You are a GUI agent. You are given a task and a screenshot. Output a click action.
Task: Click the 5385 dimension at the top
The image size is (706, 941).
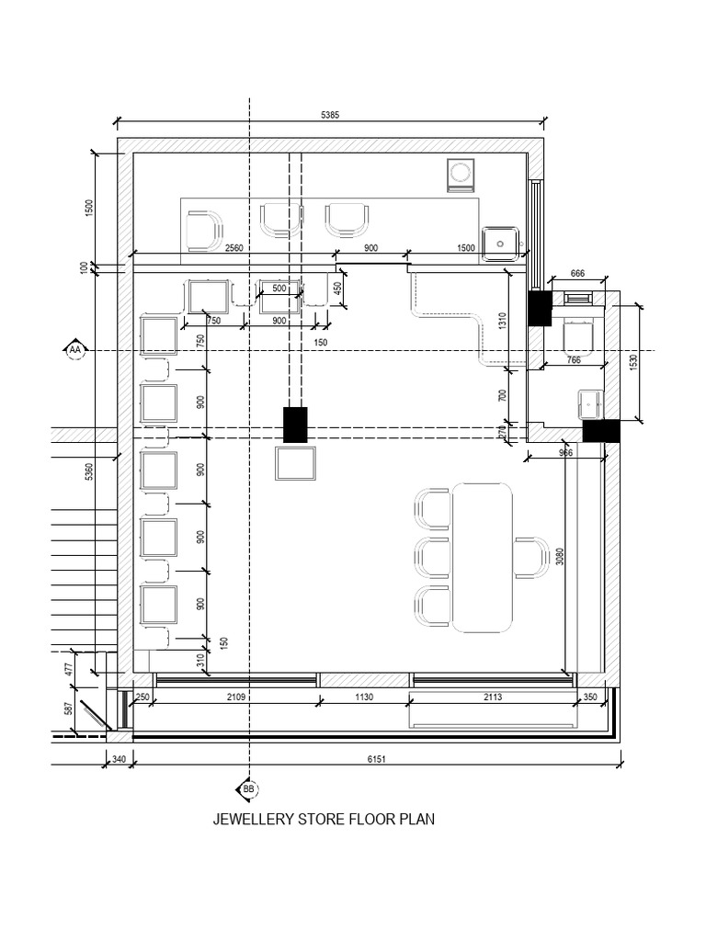329,115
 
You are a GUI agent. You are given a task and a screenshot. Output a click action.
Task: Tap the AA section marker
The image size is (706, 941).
75,350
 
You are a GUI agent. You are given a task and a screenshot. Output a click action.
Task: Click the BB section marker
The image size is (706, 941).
249,789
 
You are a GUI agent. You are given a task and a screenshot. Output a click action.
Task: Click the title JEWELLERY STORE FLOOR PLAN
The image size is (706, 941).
324,819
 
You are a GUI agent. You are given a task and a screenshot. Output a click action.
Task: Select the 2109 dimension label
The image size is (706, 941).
236,697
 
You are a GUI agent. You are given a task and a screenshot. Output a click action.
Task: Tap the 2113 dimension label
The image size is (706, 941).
493,697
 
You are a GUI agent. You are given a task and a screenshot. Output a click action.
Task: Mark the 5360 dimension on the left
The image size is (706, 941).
89,470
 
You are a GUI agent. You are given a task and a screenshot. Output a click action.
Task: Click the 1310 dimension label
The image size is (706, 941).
503,322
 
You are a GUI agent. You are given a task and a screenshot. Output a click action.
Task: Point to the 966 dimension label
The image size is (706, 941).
566,452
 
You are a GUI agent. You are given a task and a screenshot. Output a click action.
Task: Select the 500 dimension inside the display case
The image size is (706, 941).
279,289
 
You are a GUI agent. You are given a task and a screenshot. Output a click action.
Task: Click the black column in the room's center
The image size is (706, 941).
295,425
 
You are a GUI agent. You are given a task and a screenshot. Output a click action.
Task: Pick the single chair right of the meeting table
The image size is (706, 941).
529,558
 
